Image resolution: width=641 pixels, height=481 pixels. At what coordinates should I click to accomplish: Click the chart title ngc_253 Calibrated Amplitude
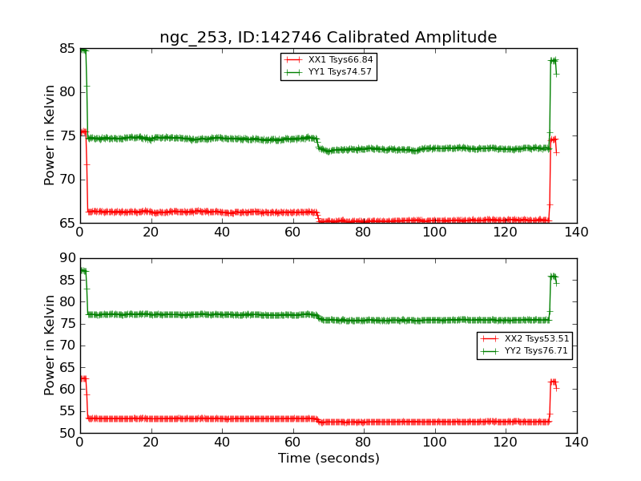click(328, 38)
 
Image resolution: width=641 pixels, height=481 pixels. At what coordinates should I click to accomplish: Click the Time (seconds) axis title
click(329, 459)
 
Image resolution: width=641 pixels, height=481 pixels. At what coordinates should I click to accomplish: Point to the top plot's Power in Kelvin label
click(50, 135)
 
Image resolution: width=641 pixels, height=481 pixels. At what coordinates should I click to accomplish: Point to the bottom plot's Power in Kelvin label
click(50, 346)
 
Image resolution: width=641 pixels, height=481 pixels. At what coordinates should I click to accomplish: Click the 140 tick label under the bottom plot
click(576, 441)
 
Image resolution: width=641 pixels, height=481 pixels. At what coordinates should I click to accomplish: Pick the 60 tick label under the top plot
click(292, 232)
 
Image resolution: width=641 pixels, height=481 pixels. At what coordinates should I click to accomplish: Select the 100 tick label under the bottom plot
click(434, 441)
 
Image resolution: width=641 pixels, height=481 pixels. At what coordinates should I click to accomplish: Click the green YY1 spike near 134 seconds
click(553, 61)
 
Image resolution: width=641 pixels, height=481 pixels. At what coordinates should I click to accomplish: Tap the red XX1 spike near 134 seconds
click(553, 139)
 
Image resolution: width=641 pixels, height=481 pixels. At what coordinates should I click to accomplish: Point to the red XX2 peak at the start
click(83, 378)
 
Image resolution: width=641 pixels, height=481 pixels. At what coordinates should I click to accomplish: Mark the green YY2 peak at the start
click(83, 271)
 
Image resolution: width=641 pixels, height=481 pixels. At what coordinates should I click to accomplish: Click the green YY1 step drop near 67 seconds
click(318, 143)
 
